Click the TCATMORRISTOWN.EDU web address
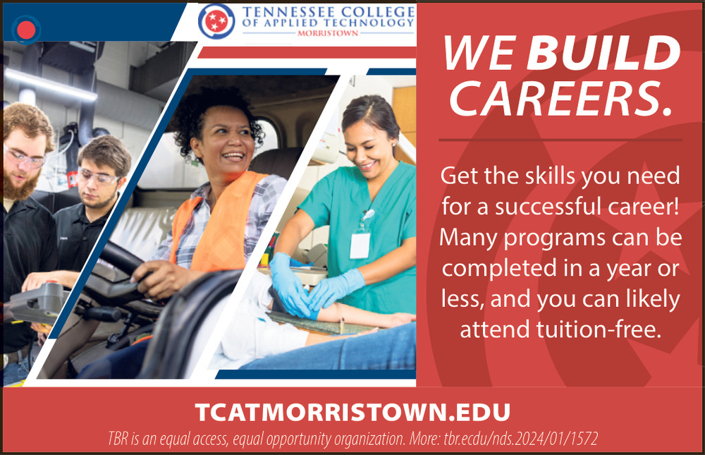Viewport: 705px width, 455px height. point(353,412)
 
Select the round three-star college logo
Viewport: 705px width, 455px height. point(216,21)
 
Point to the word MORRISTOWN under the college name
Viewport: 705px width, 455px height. point(328,33)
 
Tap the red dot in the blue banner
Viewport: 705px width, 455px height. point(26,30)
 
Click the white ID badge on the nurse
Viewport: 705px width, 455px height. point(360,245)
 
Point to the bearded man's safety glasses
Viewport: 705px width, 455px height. point(25,157)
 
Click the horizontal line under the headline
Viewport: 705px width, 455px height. point(560,140)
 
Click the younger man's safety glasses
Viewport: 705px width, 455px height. point(98,177)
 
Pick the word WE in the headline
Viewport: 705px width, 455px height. point(479,53)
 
